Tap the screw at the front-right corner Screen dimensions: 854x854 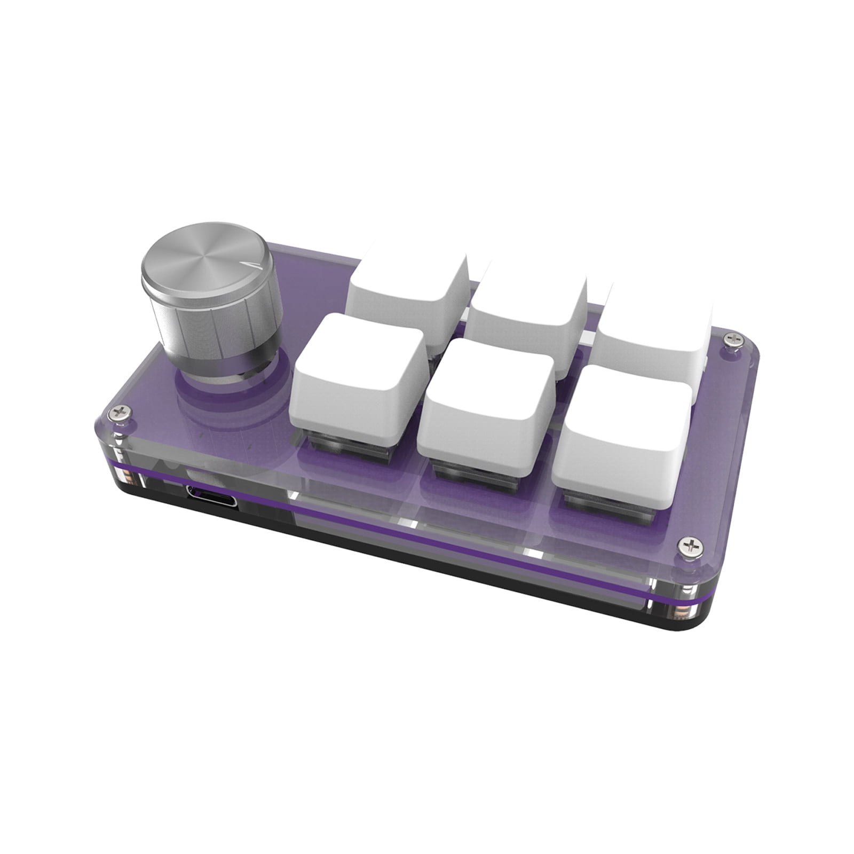click(689, 545)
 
